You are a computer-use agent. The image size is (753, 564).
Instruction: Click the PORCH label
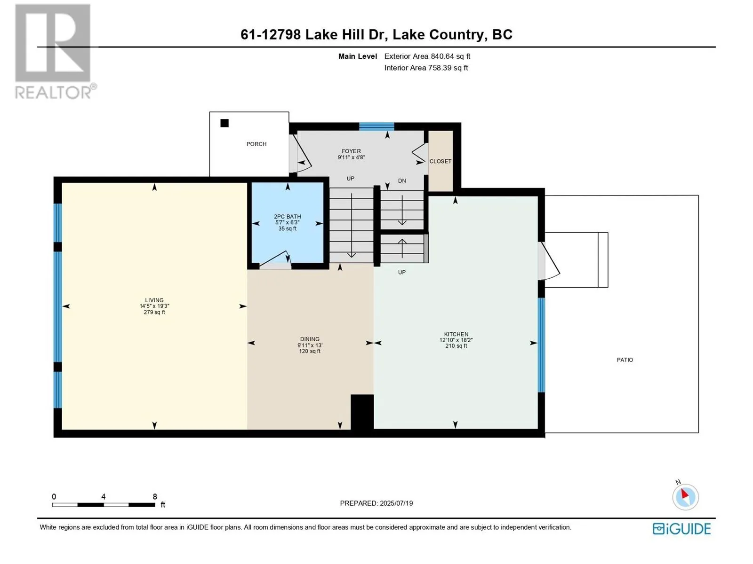tap(256, 144)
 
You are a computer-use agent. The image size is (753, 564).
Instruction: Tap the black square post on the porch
tap(224, 123)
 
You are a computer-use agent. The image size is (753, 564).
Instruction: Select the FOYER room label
tap(351, 151)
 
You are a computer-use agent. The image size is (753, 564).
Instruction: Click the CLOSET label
tap(440, 161)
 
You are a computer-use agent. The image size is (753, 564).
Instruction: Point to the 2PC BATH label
tap(287, 216)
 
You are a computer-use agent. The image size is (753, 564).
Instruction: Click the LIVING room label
tap(154, 300)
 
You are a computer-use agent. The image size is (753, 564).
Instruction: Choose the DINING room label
tap(309, 339)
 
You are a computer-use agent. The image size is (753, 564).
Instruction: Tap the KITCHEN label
tap(456, 334)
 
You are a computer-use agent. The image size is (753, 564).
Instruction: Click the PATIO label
tap(625, 360)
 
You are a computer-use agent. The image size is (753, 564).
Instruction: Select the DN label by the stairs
tap(402, 181)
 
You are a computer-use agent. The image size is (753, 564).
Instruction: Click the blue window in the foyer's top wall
tap(376, 126)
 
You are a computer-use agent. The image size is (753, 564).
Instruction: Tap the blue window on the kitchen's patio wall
tap(541, 345)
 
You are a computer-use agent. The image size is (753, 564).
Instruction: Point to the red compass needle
tap(685, 494)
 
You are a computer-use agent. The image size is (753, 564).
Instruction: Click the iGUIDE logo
tap(681, 529)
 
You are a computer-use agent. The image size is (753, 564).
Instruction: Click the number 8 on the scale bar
tap(155, 496)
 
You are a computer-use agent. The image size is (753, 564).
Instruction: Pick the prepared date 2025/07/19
tap(396, 503)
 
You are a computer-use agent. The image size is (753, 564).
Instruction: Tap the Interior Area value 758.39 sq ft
tap(448, 68)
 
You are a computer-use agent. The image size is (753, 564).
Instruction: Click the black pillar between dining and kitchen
tap(362, 412)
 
